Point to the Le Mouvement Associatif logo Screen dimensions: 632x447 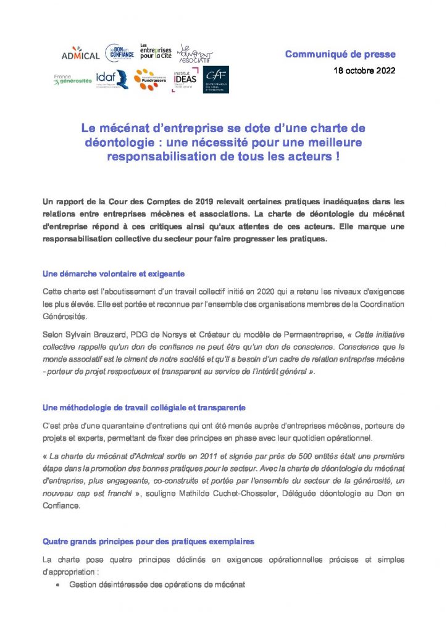click(194, 54)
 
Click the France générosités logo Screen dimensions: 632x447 click(72, 80)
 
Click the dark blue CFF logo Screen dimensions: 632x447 click(216, 80)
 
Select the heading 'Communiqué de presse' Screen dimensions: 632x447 click(340, 55)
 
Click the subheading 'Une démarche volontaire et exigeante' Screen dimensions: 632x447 click(114, 273)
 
